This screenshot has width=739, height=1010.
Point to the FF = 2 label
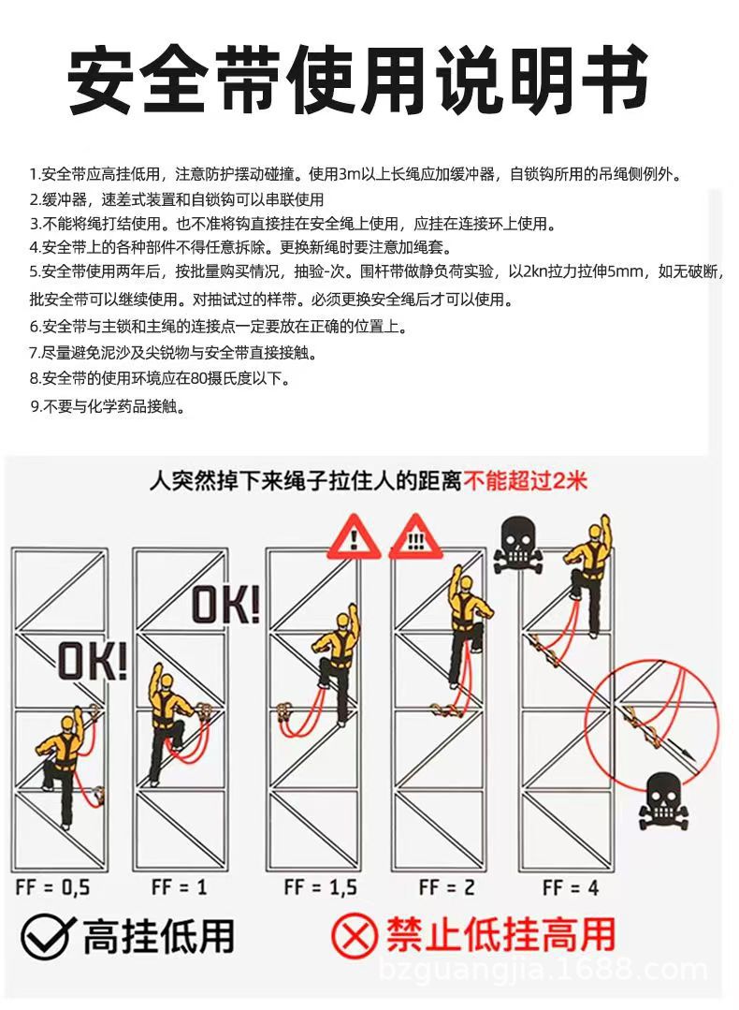click(446, 886)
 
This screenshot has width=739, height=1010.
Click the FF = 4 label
click(570, 886)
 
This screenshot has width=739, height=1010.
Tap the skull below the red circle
click(662, 800)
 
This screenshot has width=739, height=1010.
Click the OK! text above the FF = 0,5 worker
click(92, 661)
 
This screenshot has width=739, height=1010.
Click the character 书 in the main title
click(611, 79)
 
